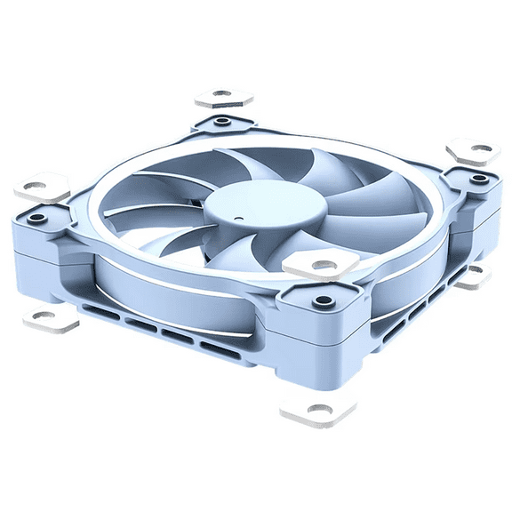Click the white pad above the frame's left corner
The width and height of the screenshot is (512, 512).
pos(41,187)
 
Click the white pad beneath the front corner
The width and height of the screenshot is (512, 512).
pos(317,408)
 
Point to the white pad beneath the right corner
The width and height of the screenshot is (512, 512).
pos(474,274)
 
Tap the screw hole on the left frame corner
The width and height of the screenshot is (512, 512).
pos(38,216)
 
